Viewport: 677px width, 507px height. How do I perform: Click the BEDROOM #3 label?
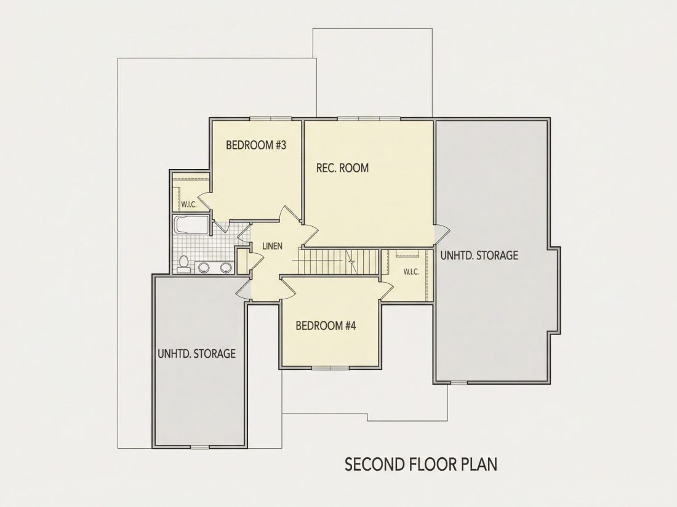point(256,145)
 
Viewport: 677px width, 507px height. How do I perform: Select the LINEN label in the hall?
point(273,246)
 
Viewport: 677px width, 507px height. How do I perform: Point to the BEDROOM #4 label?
point(326,325)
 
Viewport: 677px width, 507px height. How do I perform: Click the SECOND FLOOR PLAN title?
point(421,465)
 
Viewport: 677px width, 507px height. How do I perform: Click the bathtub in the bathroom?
point(191,225)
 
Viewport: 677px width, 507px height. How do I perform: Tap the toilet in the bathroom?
point(183,264)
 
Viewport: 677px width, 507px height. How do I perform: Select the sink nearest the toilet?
point(203,268)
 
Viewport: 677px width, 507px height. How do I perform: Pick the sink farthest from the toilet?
point(225,268)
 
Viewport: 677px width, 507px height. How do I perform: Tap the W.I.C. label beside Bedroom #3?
point(189,205)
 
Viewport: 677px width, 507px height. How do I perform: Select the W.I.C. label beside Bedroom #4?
point(411,272)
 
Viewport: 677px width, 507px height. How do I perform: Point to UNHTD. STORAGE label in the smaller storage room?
point(196,353)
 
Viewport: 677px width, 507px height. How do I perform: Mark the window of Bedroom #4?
point(330,367)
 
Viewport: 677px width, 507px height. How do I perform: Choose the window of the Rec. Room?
point(369,119)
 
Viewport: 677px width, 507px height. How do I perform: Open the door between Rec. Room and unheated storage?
point(441,234)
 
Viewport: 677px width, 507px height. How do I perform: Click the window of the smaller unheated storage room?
point(199,447)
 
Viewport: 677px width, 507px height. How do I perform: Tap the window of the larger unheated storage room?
point(459,382)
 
